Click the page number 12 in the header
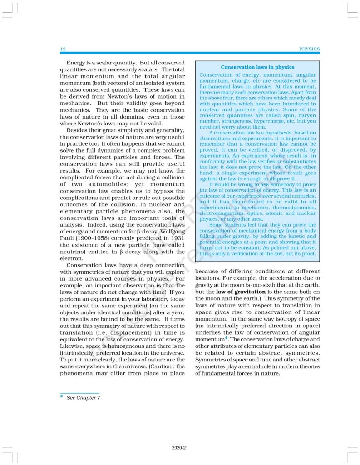click(63, 49)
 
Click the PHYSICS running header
click(310, 49)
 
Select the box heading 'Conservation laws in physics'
click(257, 67)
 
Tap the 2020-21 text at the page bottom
click(180, 448)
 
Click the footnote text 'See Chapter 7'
click(83, 398)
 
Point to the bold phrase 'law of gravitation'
click(241, 291)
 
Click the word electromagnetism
click(221, 213)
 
